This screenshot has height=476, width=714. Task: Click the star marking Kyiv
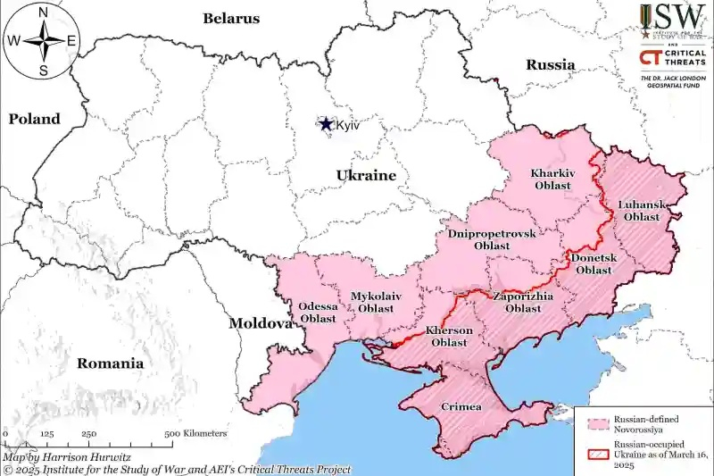click(327, 125)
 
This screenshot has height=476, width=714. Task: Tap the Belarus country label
click(231, 18)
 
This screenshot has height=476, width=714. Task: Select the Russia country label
click(550, 64)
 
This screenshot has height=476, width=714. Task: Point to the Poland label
click(35, 119)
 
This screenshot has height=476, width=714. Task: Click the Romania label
click(110, 363)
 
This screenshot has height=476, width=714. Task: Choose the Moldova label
click(260, 322)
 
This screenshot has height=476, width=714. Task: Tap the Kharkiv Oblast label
click(552, 179)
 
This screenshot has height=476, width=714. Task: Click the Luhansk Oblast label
click(642, 211)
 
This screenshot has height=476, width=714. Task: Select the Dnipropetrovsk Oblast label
click(492, 239)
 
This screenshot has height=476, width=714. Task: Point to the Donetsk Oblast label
click(594, 264)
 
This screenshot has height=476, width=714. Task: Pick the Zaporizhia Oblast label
click(523, 302)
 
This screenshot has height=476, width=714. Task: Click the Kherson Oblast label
click(448, 336)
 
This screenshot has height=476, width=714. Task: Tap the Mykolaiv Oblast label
click(376, 302)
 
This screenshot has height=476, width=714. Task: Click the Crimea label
click(461, 407)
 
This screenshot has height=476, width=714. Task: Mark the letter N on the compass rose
click(43, 12)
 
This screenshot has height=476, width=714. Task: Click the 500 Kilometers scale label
click(195, 433)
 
